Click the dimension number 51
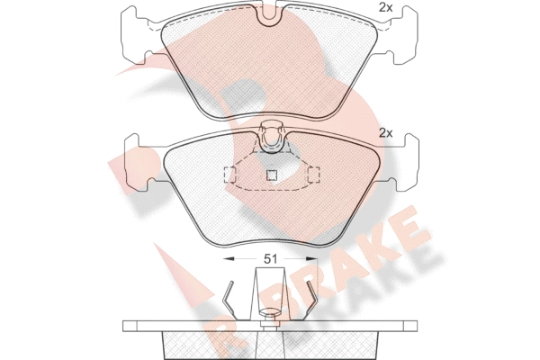tap(270, 258)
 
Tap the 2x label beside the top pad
tap(386, 7)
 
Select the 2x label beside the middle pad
tap(386, 133)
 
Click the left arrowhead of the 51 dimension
tap(229, 258)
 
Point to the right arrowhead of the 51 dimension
tap(312, 258)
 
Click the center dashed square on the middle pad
tap(272, 175)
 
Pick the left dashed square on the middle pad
tap(229, 175)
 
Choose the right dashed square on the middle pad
tap(313, 175)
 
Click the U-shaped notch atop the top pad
tap(269, 15)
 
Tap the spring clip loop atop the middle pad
tap(272, 137)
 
